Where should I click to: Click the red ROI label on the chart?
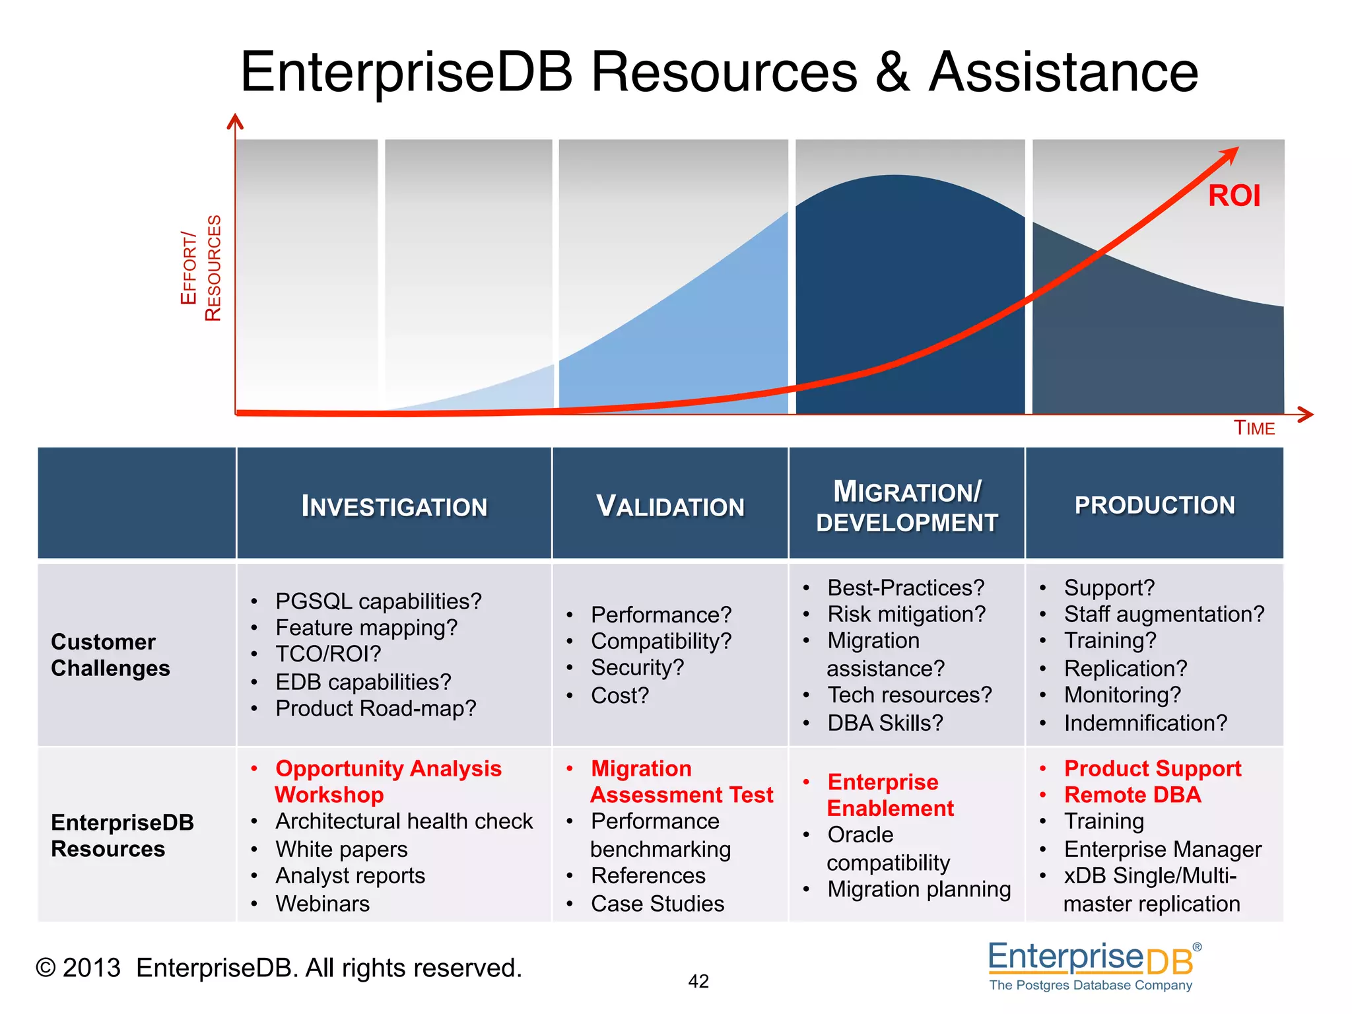tap(1233, 196)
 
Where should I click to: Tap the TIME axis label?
tap(1254, 428)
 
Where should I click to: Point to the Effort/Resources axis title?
tap(201, 268)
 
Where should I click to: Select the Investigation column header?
tap(394, 506)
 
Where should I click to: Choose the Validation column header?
tap(670, 506)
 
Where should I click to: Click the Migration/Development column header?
tap(906, 506)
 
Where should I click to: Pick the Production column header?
tap(1155, 505)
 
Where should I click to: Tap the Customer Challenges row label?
tap(110, 655)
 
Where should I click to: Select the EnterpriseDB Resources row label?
tap(122, 835)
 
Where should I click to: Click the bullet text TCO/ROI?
tap(328, 654)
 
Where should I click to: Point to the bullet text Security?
tap(637, 667)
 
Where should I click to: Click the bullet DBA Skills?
tap(885, 723)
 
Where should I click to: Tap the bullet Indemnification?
tap(1145, 723)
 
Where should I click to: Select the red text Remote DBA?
tap(1132, 795)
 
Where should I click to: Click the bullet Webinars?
tap(322, 903)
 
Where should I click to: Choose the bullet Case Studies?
tap(658, 903)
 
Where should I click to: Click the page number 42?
tap(698, 981)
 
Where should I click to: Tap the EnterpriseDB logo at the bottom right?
tap(1093, 966)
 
